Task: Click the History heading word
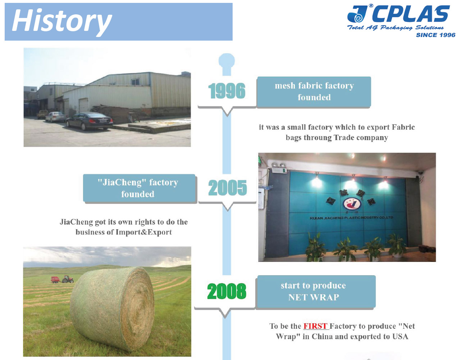click(62, 21)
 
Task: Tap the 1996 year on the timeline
click(227, 91)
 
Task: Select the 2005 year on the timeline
click(228, 188)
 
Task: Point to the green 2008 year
click(227, 291)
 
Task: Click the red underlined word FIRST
click(315, 326)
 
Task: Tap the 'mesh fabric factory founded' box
click(314, 92)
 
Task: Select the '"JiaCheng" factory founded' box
click(139, 188)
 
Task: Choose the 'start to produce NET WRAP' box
click(316, 291)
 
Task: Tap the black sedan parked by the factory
click(89, 121)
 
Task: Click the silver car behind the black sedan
click(55, 117)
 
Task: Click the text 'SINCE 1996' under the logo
click(436, 35)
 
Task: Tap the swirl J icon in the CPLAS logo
click(357, 14)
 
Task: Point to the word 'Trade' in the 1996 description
click(344, 138)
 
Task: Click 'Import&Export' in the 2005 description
click(144, 232)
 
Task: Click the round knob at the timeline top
click(227, 61)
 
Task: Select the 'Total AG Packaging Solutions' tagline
click(395, 28)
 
